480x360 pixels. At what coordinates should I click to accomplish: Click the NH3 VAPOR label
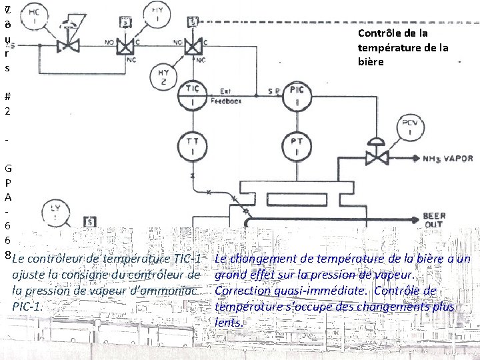(447, 159)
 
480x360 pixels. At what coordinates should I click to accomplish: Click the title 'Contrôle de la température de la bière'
(403, 47)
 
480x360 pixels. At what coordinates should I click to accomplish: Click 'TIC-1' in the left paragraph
(187, 259)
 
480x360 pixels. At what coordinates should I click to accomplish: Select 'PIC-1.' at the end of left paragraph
(27, 307)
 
